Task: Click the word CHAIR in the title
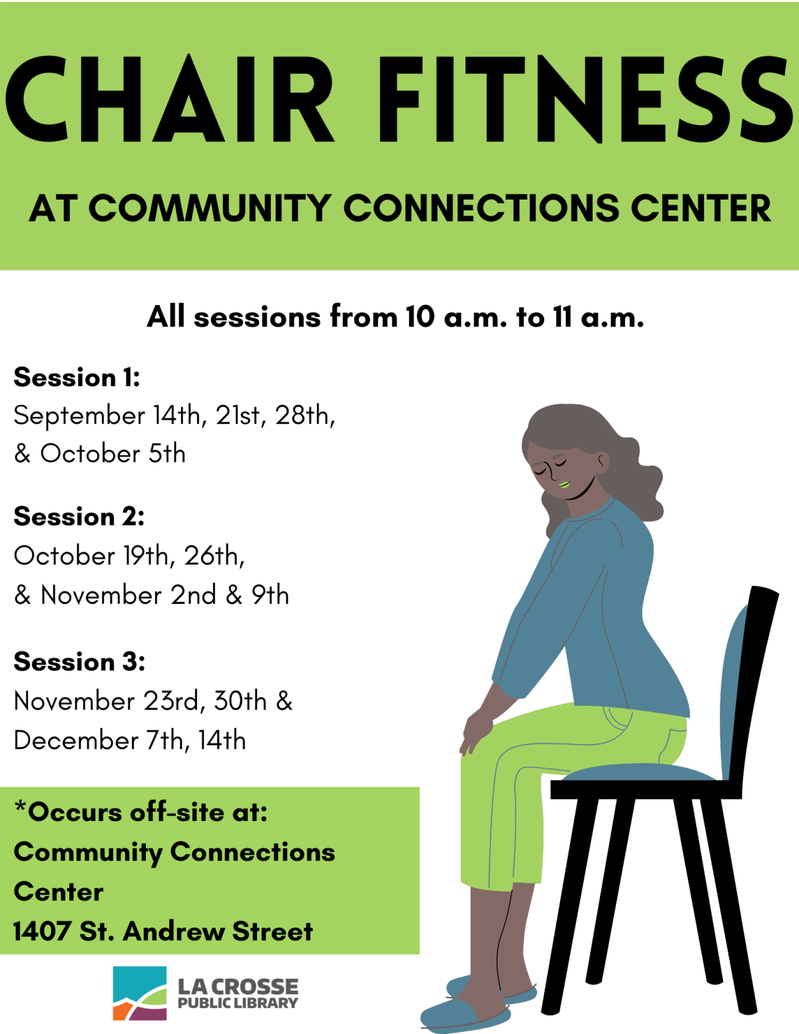coord(170,99)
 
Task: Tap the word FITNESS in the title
coord(586,99)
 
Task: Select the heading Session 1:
coord(77,378)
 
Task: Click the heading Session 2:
coord(79,517)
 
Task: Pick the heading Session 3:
coord(79,662)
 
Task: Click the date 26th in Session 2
coord(214,556)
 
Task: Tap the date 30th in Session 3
coord(240,701)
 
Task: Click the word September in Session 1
coord(79,416)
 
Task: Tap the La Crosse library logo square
coord(139,993)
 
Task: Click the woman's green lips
coord(565,485)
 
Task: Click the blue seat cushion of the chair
coord(638,772)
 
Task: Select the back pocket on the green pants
coord(618,718)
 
